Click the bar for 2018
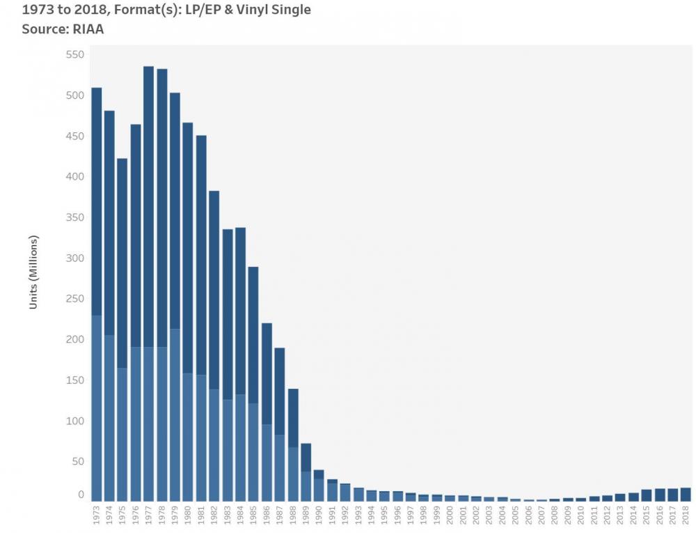pos(686,494)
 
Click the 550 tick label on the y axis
pos(74,54)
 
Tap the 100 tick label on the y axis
pos(74,421)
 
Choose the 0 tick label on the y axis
pos(81,495)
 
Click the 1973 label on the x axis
pos(96,515)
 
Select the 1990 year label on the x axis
pos(319,515)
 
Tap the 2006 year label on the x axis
pos(528,515)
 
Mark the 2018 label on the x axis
pos(686,515)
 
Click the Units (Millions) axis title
pos(33,272)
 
